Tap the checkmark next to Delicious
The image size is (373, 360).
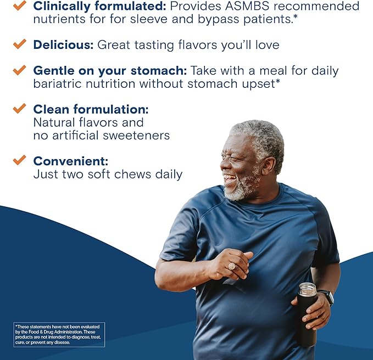pyautogui.click(x=19, y=44)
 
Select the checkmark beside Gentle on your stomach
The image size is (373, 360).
pyautogui.click(x=19, y=70)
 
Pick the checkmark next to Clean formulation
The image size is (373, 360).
pyautogui.click(x=19, y=108)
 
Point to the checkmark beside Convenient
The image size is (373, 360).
pyautogui.click(x=19, y=160)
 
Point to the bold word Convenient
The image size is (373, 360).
pyautogui.click(x=71, y=161)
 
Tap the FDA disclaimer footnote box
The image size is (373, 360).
pyautogui.click(x=59, y=334)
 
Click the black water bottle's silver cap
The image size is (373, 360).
pyautogui.click(x=307, y=289)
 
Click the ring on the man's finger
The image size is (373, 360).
pyautogui.click(x=232, y=266)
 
